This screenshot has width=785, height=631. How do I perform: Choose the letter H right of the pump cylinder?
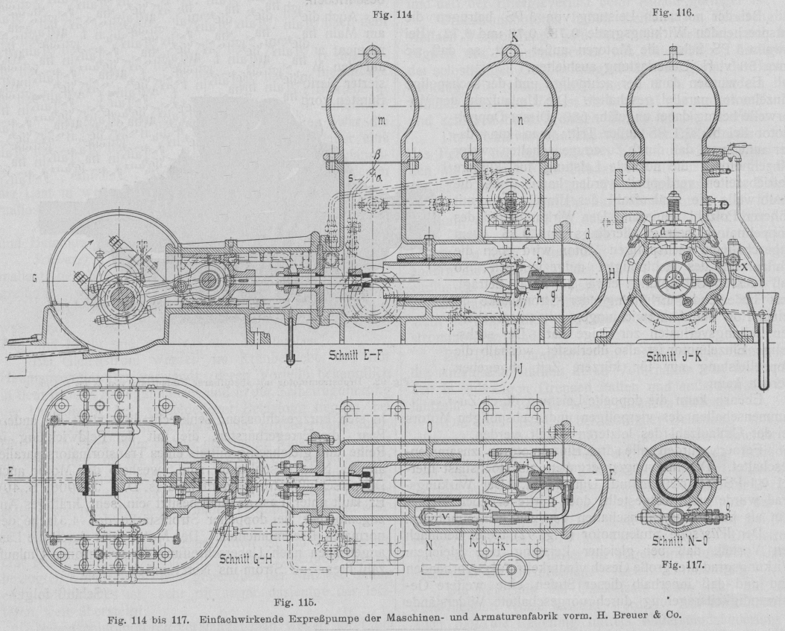click(591, 273)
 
